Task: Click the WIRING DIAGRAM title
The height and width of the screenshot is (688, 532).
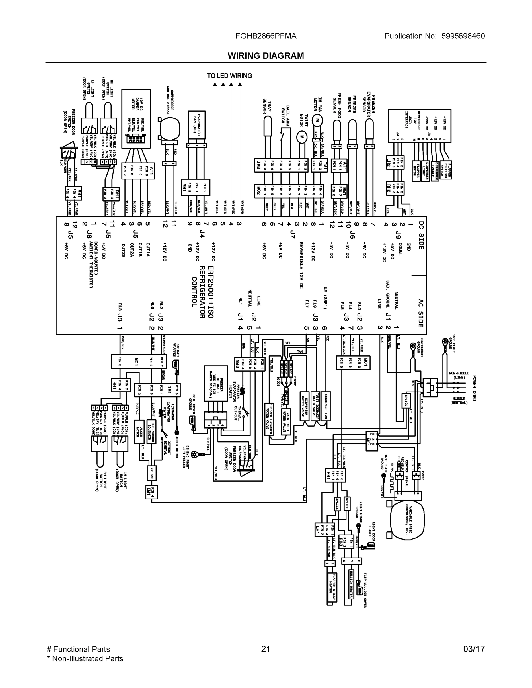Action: (266, 56)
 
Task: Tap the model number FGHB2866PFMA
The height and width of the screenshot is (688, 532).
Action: (266, 36)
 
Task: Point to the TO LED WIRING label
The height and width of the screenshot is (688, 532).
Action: (229, 76)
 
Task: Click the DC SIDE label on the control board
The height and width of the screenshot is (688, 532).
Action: (421, 235)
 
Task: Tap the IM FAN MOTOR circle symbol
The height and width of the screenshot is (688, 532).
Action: (317, 120)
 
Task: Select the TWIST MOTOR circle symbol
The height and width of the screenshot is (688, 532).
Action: (302, 137)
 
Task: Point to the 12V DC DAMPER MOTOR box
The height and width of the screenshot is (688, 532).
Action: (136, 118)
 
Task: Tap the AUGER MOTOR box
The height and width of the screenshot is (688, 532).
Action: (139, 431)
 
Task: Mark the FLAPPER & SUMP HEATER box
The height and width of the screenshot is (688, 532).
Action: (332, 589)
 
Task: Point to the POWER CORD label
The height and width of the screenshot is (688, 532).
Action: (474, 388)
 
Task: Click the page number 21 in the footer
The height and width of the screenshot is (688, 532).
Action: (266, 649)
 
